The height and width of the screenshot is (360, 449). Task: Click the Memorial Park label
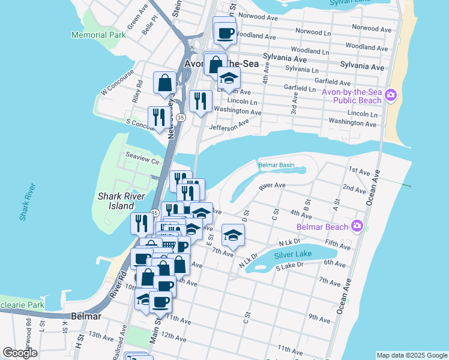coord(98,35)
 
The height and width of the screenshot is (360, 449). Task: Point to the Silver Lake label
coord(293,254)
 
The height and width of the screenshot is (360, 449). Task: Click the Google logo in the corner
coord(20,353)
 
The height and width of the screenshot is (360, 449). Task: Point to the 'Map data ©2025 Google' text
coord(411,355)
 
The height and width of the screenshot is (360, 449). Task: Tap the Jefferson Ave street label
coord(229,125)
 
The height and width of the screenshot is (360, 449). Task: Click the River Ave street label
coord(272,187)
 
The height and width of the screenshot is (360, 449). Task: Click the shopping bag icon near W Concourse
coord(164,83)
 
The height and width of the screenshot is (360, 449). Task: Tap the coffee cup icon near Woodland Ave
coord(225,34)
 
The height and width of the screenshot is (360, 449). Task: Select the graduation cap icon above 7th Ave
coord(233,235)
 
